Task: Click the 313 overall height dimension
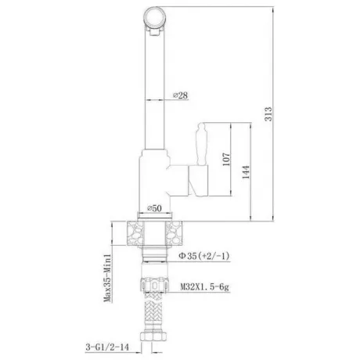coord(268,114)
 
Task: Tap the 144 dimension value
coord(246,172)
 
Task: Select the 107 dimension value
coord(226,160)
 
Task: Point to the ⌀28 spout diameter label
coord(180,95)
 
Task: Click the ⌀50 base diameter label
coord(154,208)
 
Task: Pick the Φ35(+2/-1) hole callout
coord(204,256)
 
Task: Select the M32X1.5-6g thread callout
coord(205,287)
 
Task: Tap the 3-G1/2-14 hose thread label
coord(107,347)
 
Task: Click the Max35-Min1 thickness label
coord(107,278)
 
